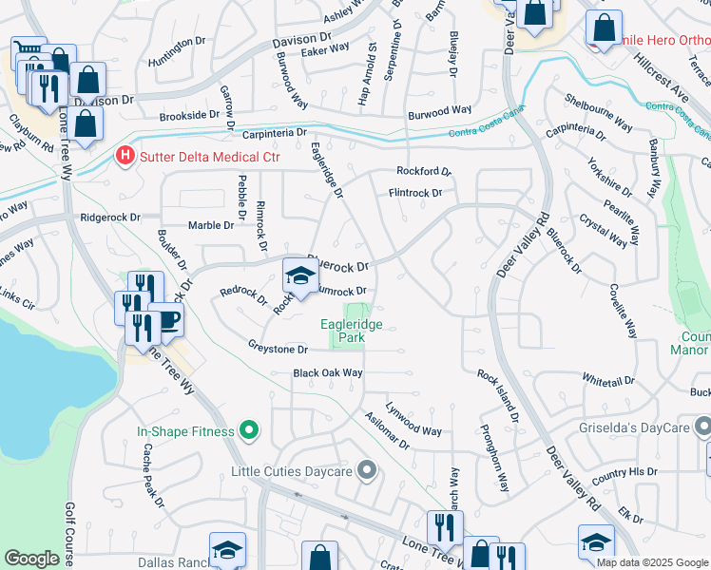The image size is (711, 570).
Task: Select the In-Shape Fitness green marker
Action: (x=250, y=431)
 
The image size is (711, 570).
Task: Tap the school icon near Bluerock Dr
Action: (x=300, y=277)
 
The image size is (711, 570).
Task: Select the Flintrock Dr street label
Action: (x=414, y=193)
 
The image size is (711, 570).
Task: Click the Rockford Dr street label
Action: (x=423, y=172)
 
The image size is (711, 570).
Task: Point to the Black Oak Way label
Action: (x=328, y=373)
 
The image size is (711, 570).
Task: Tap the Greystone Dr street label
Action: (x=278, y=348)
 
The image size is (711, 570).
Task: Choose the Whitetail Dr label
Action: (x=608, y=380)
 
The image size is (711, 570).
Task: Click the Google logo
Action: (x=31, y=559)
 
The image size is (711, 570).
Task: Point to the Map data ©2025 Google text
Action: (x=651, y=562)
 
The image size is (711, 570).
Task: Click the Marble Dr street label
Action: (x=210, y=225)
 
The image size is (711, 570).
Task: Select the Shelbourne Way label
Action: (x=599, y=111)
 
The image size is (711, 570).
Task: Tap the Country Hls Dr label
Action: (x=624, y=472)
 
